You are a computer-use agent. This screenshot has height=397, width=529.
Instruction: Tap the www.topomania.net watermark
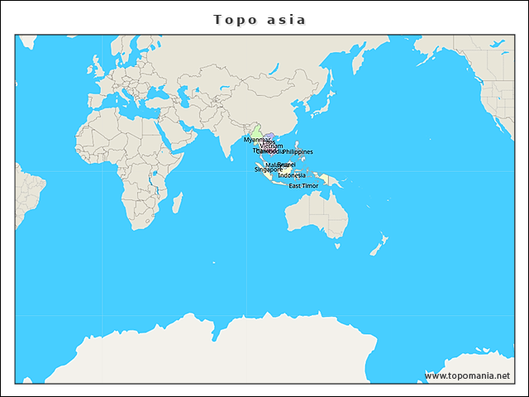(x=467, y=375)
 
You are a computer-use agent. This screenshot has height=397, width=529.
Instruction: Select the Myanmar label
(x=257, y=140)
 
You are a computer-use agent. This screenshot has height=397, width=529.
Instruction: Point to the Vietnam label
(x=271, y=146)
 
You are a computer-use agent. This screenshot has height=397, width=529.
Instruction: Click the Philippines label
(x=298, y=152)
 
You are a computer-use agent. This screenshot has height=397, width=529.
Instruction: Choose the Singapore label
(x=269, y=170)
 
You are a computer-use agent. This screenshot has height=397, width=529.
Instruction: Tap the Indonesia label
(x=292, y=175)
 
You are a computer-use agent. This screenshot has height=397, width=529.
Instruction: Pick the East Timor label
(x=303, y=186)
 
